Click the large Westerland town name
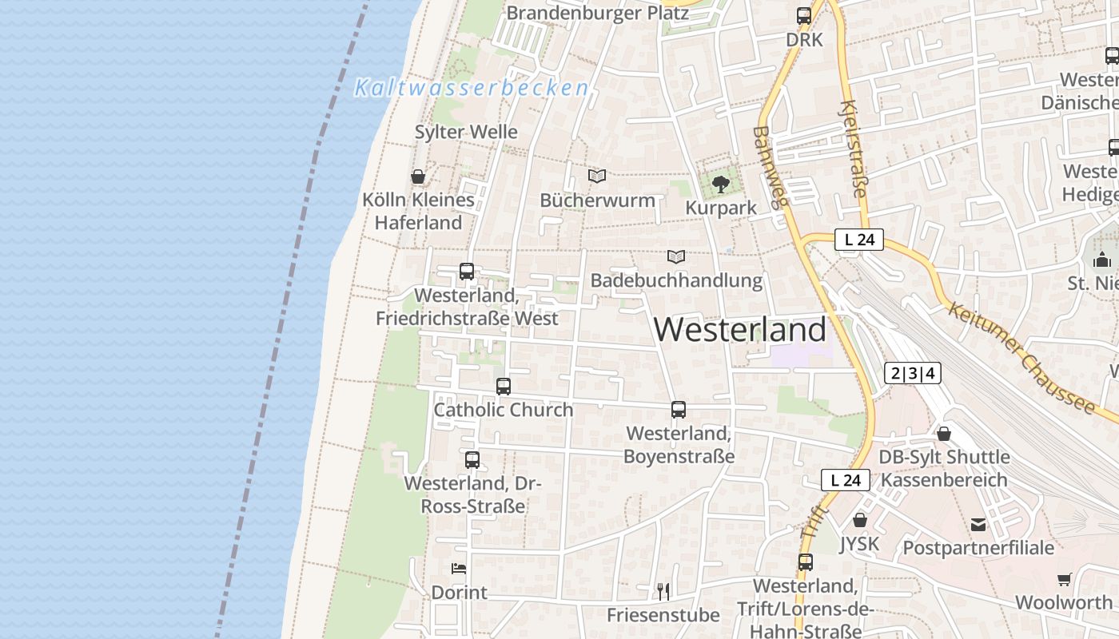740,329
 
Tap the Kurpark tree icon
721,185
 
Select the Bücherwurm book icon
597,176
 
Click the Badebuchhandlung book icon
676,256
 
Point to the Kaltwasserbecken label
472,88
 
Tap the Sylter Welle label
466,132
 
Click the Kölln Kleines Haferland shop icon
418,177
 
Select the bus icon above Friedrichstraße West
467,272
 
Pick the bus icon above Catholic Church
504,387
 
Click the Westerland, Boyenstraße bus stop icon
679,410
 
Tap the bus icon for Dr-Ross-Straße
472,460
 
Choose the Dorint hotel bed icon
459,569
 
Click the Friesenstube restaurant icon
663,591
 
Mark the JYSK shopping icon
860,520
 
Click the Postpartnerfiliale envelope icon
978,525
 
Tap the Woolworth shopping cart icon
1064,579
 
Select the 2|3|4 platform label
913,373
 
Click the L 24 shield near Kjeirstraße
859,240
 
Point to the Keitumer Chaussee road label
1021,355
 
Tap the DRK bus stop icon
804,16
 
